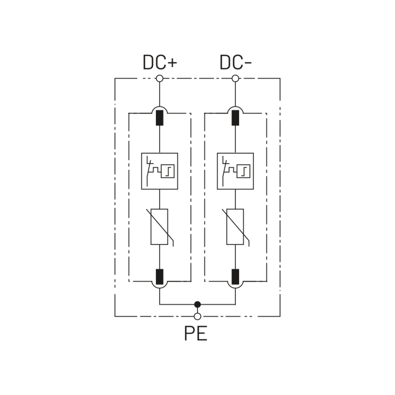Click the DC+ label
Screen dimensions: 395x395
[x=160, y=63]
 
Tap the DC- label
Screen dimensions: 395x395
[x=236, y=63]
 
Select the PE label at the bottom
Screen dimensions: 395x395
[x=195, y=334]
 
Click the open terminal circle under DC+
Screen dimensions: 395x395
[x=160, y=79]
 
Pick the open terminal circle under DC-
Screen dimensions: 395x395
[x=236, y=79]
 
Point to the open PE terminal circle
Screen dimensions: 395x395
[x=197, y=316]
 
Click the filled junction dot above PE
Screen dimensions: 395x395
[x=197, y=304]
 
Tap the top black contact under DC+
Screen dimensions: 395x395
[x=160, y=118]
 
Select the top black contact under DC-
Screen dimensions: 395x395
[x=236, y=118]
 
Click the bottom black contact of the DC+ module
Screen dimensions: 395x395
[x=160, y=276]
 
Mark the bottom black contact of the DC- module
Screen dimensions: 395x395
[x=236, y=276]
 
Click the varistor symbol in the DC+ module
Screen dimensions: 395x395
[x=160, y=226]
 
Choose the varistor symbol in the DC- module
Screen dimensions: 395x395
[x=236, y=226]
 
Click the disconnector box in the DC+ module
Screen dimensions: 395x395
[x=160, y=171]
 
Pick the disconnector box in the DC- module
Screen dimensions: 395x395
[x=236, y=171]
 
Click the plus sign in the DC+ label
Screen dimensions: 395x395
[x=172, y=63]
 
